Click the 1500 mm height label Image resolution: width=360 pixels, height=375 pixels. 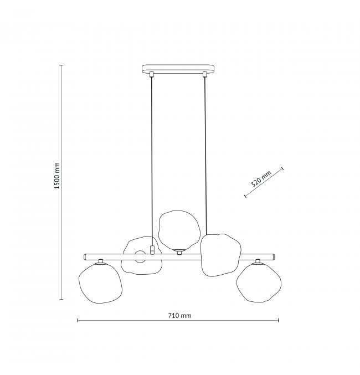pyautogui.click(x=56, y=176)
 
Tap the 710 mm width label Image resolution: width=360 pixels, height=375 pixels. pyautogui.click(x=179, y=316)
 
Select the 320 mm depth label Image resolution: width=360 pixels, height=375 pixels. pyautogui.click(x=261, y=179)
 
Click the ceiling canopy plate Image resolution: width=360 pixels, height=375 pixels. pyautogui.click(x=178, y=69)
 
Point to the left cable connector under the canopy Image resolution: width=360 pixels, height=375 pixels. pyautogui.click(x=151, y=74)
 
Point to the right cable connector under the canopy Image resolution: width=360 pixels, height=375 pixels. pyautogui.click(x=204, y=74)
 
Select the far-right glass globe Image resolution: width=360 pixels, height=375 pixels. pyautogui.click(x=259, y=282)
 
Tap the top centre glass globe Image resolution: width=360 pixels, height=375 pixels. pyautogui.click(x=179, y=230)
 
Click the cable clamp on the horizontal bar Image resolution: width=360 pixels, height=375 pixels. pyautogui.click(x=152, y=249)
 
